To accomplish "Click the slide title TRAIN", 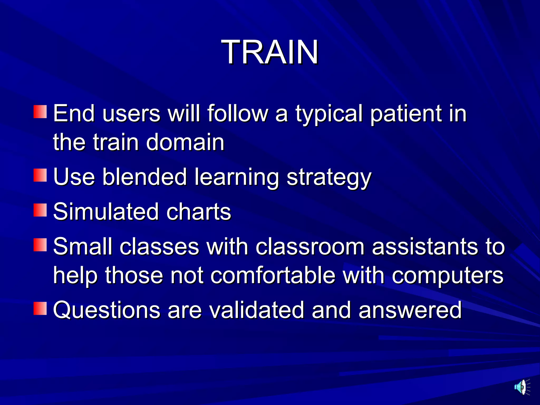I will pos(270,52).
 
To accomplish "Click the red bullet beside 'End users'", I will pos(40,112).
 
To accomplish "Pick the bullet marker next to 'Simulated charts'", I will pos(40,210).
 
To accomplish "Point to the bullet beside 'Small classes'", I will pos(40,245).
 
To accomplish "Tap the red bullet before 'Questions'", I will pos(40,308).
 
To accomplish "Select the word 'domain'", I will pos(185,142).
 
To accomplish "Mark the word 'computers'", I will pos(447,276).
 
